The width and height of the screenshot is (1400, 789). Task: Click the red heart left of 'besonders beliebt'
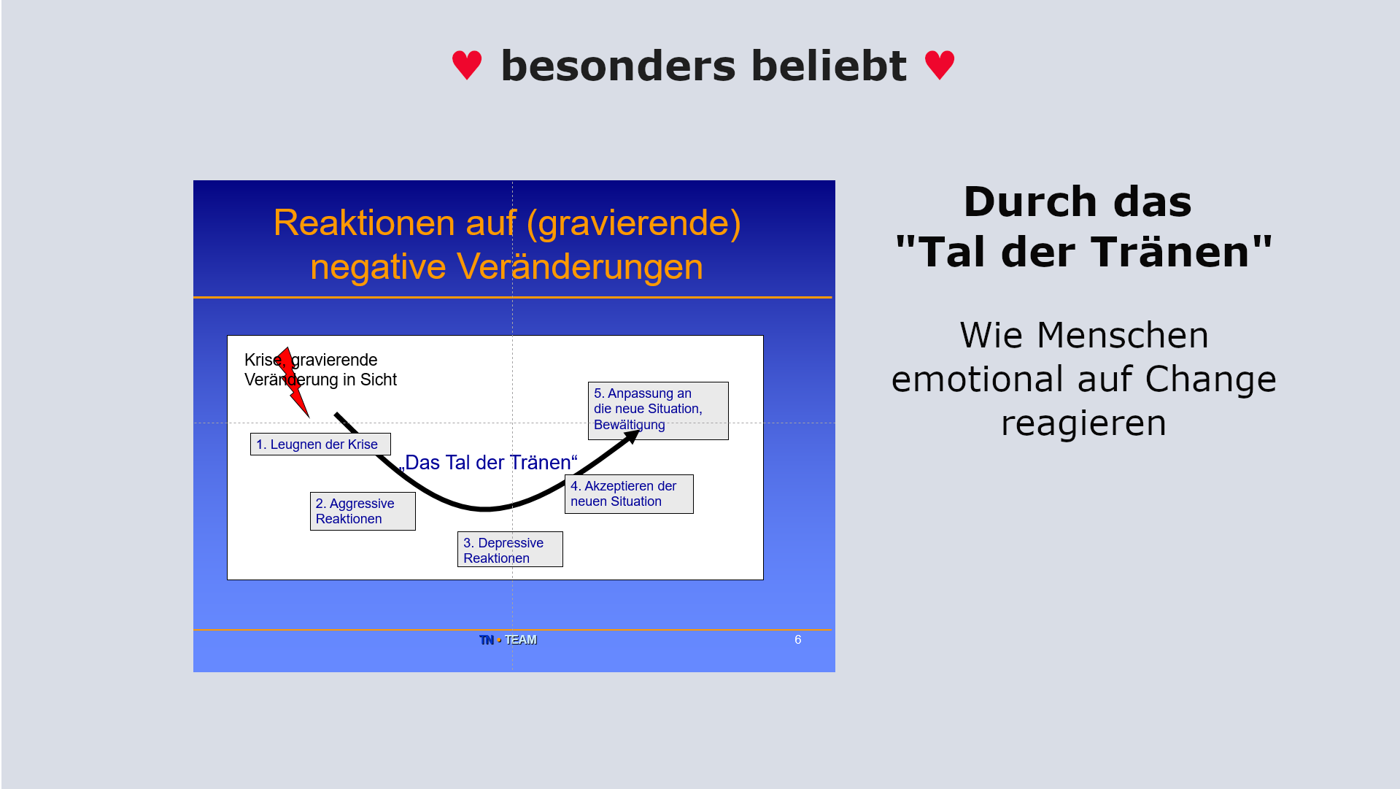[x=467, y=65]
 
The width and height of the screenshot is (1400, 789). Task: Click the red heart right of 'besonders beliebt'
[x=940, y=65]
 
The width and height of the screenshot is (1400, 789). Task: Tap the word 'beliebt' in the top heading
[x=829, y=66]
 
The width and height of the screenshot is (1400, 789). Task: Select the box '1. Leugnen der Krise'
[x=320, y=444]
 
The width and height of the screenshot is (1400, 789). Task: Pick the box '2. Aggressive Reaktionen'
[x=363, y=511]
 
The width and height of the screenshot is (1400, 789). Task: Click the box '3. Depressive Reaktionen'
[x=510, y=550]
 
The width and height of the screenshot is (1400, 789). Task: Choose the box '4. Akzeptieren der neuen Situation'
[x=629, y=494]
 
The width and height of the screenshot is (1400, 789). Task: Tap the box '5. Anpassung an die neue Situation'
[x=658, y=410]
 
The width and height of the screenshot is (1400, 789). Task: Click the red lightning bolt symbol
[x=293, y=382]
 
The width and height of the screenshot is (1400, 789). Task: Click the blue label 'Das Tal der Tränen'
[x=488, y=462]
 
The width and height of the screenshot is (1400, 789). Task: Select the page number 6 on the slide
[x=798, y=639]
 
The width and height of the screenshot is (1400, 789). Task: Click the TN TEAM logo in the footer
[x=508, y=639]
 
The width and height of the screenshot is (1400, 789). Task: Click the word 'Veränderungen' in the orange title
[x=580, y=266]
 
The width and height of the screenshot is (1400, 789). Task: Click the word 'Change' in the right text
[x=1210, y=380]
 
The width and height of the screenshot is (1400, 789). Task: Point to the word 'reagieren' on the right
[x=1083, y=424]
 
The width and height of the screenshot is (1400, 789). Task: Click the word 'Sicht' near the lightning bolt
[x=379, y=380]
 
